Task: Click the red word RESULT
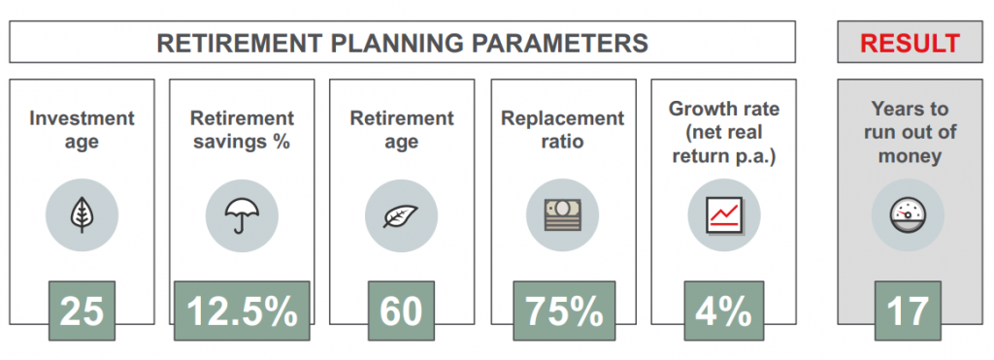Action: pyautogui.click(x=909, y=43)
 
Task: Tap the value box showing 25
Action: pyautogui.click(x=82, y=311)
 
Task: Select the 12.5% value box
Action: pyautogui.click(x=242, y=311)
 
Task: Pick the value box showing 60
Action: pyautogui.click(x=401, y=311)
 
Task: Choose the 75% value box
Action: pyautogui.click(x=564, y=311)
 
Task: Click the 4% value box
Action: pyautogui.click(x=723, y=311)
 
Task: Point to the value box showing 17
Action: pyautogui.click(x=909, y=311)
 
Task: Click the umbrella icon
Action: pyautogui.click(x=242, y=215)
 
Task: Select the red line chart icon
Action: pyautogui.click(x=723, y=215)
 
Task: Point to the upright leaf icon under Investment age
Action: pyautogui.click(x=82, y=215)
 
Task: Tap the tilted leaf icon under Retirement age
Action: pyautogui.click(x=401, y=215)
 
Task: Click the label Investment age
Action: pyautogui.click(x=82, y=129)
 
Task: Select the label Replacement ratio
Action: pyautogui.click(x=564, y=129)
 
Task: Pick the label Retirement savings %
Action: pyautogui.click(x=242, y=129)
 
